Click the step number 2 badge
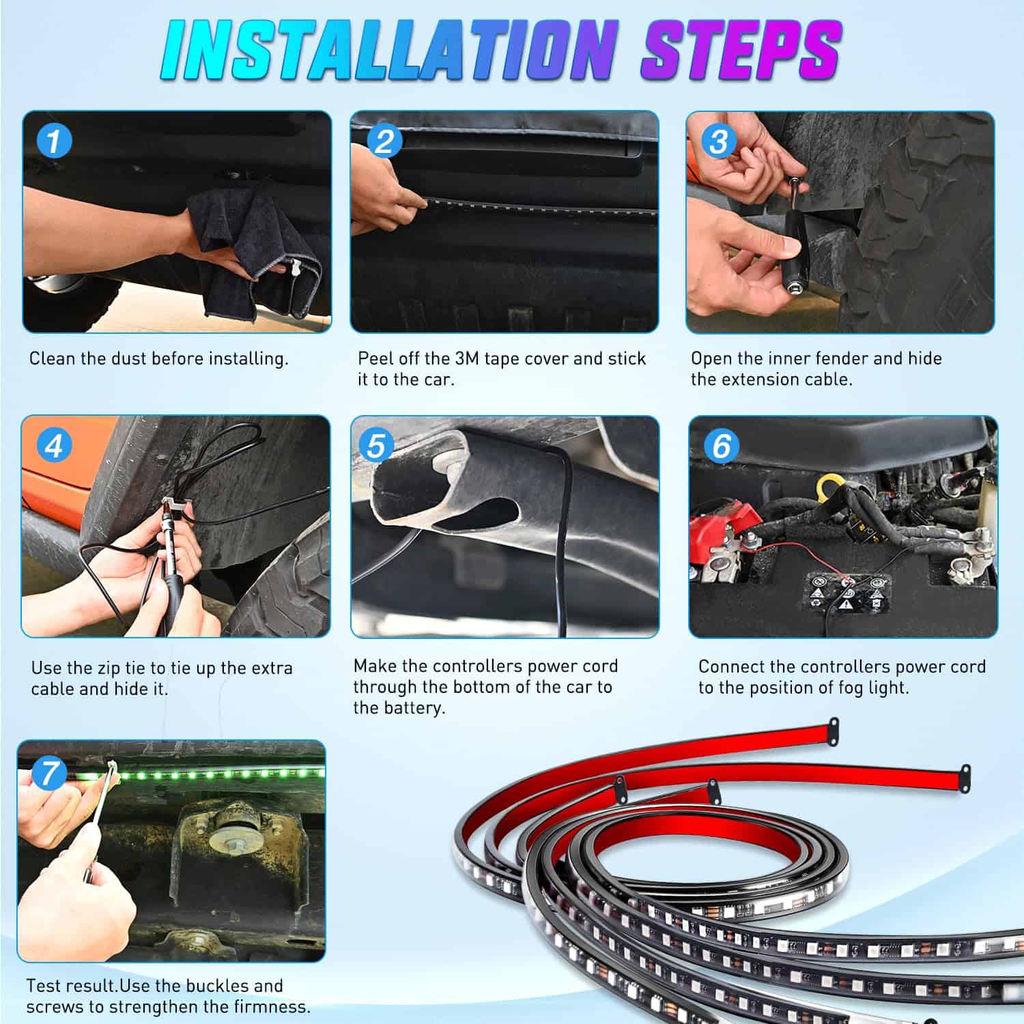384,141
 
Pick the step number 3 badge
718,142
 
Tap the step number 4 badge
53,446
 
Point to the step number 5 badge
376,446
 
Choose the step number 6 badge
721,446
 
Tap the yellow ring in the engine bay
829,486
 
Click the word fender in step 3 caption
840,359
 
